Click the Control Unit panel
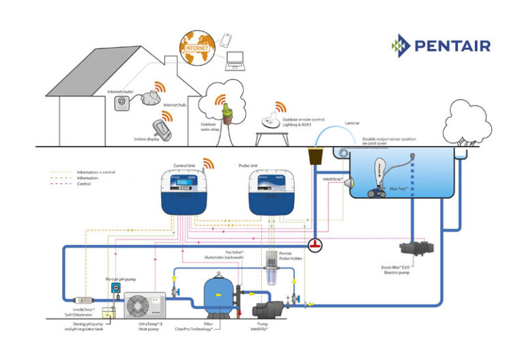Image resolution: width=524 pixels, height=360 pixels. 185,190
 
